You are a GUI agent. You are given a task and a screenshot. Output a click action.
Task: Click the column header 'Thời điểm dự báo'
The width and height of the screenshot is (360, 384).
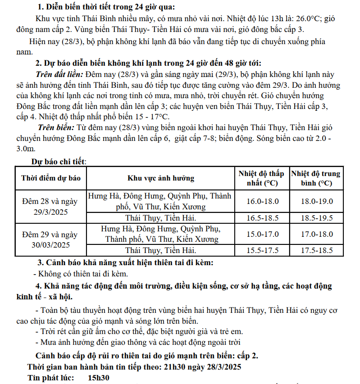click(x=51, y=178)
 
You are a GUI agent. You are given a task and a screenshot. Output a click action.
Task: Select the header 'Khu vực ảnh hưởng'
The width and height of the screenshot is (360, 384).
click(x=160, y=178)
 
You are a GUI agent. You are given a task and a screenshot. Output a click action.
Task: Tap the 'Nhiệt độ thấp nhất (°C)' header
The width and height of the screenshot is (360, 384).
click(x=262, y=178)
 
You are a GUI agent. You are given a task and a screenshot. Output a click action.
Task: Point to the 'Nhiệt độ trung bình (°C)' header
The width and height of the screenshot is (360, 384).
click(x=315, y=178)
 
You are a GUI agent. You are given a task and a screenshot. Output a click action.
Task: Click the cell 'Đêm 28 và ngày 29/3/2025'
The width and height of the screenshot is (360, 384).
click(x=51, y=207)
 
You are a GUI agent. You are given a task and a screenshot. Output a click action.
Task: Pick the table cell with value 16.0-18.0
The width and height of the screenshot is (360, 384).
click(x=262, y=201)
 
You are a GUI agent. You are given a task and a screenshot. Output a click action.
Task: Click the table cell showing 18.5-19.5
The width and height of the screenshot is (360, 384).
click(x=316, y=218)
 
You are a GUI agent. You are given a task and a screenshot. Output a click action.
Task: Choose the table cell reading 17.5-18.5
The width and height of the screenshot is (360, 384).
click(x=316, y=250)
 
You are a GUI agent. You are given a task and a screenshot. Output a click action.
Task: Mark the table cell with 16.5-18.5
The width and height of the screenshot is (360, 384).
click(x=262, y=218)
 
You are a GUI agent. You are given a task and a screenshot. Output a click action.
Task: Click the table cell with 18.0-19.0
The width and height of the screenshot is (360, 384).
click(x=316, y=201)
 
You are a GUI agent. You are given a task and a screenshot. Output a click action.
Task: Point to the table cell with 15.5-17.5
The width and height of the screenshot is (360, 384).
click(x=262, y=250)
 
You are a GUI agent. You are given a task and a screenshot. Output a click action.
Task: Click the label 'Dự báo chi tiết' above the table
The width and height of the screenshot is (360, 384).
click(x=59, y=161)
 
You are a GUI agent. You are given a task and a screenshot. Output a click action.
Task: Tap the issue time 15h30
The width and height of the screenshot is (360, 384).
click(x=99, y=378)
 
